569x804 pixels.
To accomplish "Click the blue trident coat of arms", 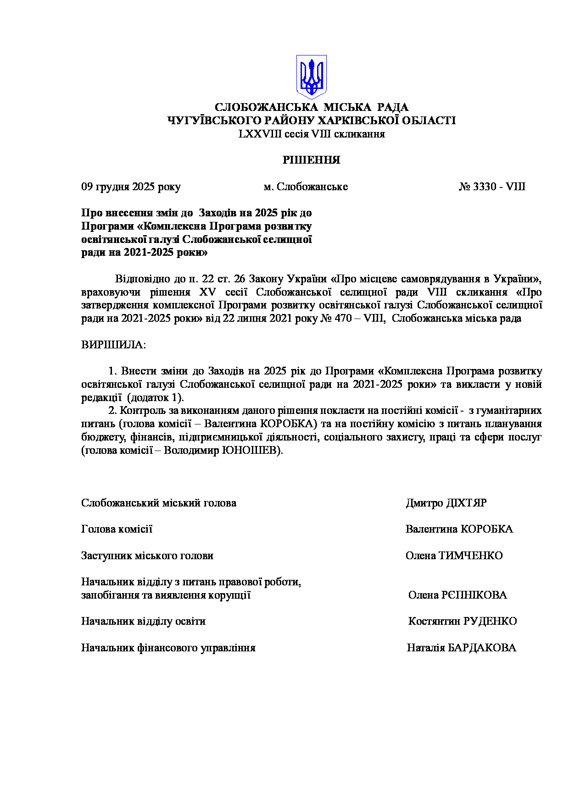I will (311, 77).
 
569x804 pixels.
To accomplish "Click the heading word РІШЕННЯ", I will (311, 160).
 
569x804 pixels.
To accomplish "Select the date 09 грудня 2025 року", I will (131, 187).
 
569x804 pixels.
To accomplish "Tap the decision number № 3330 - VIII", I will (492, 187).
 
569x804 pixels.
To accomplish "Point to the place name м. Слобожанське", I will (306, 187).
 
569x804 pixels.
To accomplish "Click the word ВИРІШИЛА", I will (113, 345).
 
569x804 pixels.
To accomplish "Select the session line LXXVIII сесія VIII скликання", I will (311, 134).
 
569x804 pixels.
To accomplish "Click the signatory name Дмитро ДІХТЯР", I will (446, 503).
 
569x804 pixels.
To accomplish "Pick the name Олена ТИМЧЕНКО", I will (454, 556).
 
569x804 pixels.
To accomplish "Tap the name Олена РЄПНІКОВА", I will (457, 595).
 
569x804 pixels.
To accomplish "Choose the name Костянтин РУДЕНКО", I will (463, 621).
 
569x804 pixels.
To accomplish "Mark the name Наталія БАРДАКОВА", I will (461, 648).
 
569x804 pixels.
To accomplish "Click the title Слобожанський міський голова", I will (159, 503).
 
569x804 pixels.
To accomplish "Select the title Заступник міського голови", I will (147, 556).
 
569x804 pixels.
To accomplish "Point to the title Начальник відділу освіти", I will (143, 621).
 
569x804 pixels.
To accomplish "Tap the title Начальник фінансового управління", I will (168, 648).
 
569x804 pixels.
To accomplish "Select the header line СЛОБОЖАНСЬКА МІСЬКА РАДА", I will (311, 107).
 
